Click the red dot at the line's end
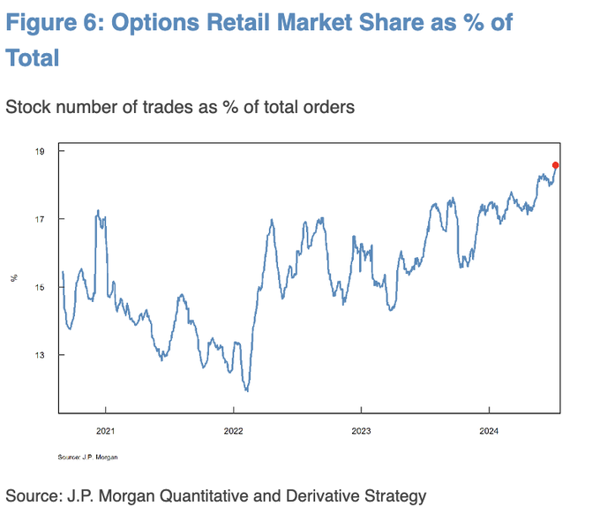555,165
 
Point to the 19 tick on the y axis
38,151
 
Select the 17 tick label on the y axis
38,219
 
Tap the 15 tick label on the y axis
38,287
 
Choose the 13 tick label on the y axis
38,355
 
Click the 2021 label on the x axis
106,433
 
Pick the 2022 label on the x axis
233,433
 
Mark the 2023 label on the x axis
361,433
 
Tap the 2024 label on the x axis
489,433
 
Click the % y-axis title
14,278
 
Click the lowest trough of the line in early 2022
247,390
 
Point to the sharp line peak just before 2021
97,211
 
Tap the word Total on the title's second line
33,59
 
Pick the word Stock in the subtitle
27,108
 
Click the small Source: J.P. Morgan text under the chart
87,457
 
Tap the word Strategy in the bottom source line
394,496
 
